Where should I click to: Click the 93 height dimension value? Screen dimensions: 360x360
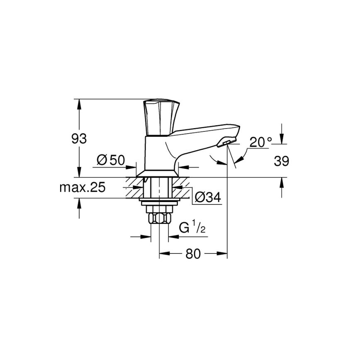click(79, 139)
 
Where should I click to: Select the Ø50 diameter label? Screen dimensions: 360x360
click(111, 160)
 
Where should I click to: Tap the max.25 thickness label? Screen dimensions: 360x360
click(82, 187)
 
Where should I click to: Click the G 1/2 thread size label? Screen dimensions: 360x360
click(192, 228)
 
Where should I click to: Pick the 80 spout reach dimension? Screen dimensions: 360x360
click(193, 254)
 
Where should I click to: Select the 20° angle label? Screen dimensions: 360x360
click(260, 142)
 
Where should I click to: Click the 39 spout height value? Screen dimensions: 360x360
click(282, 161)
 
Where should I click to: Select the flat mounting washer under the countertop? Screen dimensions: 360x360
click(160, 202)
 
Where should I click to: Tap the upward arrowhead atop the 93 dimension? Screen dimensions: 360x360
click(79, 103)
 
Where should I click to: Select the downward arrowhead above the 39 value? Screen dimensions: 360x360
click(282, 140)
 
